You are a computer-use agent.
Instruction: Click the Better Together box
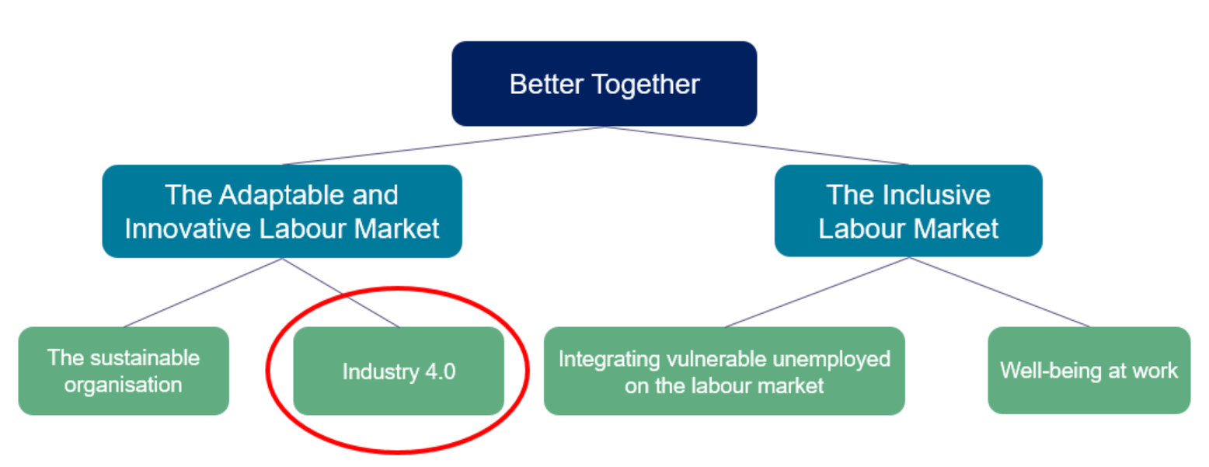click(604, 84)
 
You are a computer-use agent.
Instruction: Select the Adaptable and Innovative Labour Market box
click(282, 211)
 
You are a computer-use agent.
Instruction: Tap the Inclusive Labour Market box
click(908, 211)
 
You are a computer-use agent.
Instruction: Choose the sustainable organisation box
click(124, 371)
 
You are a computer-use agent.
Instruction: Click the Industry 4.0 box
click(399, 371)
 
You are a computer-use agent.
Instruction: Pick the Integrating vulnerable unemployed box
click(724, 371)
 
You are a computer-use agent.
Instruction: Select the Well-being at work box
click(1089, 371)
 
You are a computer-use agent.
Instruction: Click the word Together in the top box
click(646, 85)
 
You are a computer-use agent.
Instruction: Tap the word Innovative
click(188, 228)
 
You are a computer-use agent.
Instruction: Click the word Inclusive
click(937, 195)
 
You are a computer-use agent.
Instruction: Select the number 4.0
click(441, 371)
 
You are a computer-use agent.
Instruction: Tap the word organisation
click(123, 385)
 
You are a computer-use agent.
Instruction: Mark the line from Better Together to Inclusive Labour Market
click(756, 146)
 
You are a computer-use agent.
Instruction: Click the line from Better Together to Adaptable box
click(443, 146)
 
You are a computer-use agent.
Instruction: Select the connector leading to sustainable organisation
click(203, 293)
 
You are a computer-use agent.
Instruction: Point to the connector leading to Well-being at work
click(999, 292)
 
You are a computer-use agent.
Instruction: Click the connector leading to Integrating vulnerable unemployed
click(817, 292)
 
